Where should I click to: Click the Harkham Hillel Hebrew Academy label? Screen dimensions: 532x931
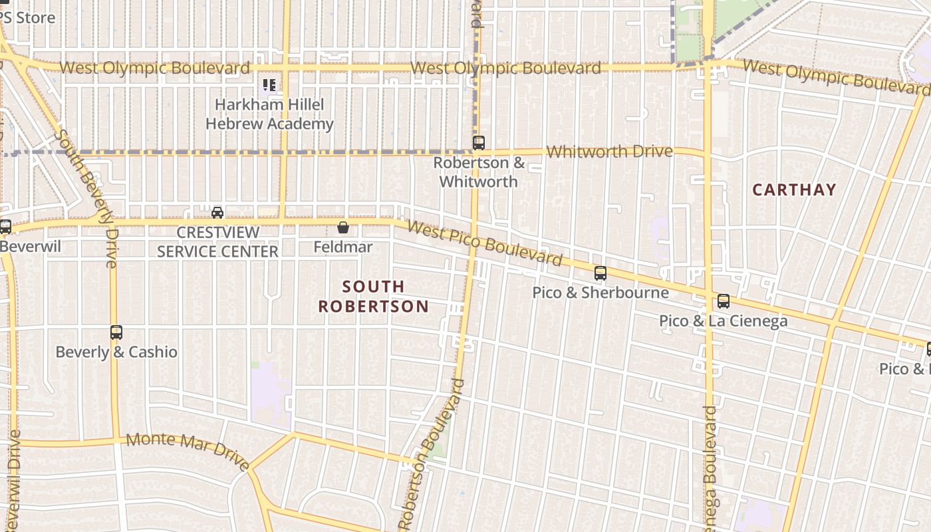(x=269, y=114)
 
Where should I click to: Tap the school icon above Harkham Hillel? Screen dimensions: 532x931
(x=269, y=85)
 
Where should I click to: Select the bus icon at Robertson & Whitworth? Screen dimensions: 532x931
(x=478, y=142)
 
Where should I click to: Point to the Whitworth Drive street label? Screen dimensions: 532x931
(x=609, y=152)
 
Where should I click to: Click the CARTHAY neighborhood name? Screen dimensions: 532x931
(x=794, y=190)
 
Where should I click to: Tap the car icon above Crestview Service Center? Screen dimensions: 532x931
(x=217, y=213)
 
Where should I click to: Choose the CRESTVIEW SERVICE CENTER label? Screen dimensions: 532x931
(x=217, y=242)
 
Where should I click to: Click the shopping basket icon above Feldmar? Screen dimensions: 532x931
(x=343, y=227)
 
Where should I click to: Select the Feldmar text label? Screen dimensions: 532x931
(x=343, y=247)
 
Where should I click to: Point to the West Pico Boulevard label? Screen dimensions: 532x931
(x=485, y=243)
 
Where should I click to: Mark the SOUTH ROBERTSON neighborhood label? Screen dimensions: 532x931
(x=373, y=297)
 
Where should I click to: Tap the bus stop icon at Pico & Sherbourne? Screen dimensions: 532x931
(x=600, y=273)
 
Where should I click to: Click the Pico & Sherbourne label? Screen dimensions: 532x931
(x=600, y=293)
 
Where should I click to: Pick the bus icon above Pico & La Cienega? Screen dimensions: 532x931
(x=724, y=301)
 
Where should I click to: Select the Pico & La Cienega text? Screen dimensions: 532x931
(x=724, y=321)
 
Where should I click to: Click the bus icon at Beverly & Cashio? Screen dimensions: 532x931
(x=116, y=332)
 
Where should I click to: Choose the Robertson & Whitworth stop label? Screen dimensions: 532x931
(x=479, y=172)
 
